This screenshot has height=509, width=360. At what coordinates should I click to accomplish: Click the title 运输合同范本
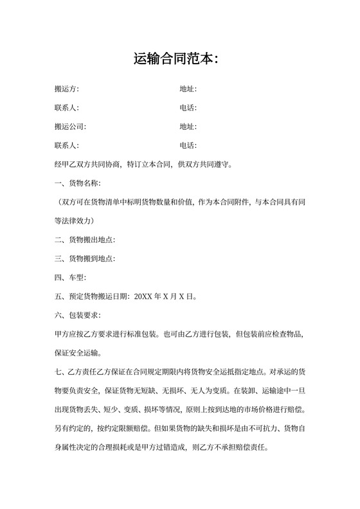[177, 60]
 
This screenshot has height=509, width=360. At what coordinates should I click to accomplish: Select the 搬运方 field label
[67, 89]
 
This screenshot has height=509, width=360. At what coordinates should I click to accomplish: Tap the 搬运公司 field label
[70, 127]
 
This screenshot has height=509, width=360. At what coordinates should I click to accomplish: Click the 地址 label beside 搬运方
[188, 89]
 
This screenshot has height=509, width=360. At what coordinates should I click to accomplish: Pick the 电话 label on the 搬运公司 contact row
[188, 145]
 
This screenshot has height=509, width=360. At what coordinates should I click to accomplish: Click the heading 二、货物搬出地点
[85, 240]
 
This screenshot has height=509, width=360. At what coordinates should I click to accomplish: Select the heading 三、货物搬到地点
[85, 259]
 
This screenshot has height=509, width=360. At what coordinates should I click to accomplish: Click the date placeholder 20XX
[142, 297]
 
